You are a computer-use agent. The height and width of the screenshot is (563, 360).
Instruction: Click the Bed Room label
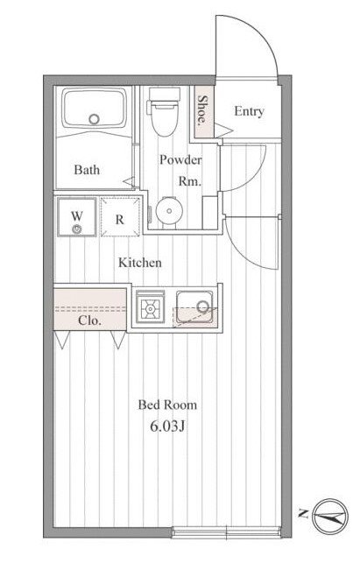point(167,405)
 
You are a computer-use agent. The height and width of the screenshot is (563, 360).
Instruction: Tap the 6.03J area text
point(167,426)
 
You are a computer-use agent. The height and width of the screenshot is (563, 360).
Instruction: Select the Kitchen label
point(140,263)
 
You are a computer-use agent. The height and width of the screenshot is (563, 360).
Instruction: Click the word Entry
point(249,111)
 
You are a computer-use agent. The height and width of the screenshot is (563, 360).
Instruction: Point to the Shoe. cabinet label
point(203,109)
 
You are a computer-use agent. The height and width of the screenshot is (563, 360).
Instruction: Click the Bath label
point(87,170)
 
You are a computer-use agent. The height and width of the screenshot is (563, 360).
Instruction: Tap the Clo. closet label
point(89,320)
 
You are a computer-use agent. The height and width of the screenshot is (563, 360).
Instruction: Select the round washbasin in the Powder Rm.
point(169,210)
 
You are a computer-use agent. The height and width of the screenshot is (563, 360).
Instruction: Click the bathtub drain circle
point(94,119)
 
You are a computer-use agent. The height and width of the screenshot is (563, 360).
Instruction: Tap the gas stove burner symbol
point(150,307)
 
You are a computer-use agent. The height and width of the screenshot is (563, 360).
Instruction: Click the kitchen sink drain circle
point(203,306)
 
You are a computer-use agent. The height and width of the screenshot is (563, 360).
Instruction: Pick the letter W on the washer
point(76,216)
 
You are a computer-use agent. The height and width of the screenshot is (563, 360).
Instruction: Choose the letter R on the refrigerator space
point(120,220)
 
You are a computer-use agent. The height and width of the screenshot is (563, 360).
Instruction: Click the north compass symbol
point(330,517)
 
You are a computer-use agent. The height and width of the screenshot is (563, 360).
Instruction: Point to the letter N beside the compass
point(304,514)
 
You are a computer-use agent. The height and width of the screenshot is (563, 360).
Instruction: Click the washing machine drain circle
point(76,229)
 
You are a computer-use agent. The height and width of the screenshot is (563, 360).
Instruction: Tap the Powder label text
point(180,159)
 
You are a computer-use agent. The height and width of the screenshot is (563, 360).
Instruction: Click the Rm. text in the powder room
point(190,181)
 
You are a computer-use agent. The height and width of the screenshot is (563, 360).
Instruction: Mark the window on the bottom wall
point(226,532)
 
